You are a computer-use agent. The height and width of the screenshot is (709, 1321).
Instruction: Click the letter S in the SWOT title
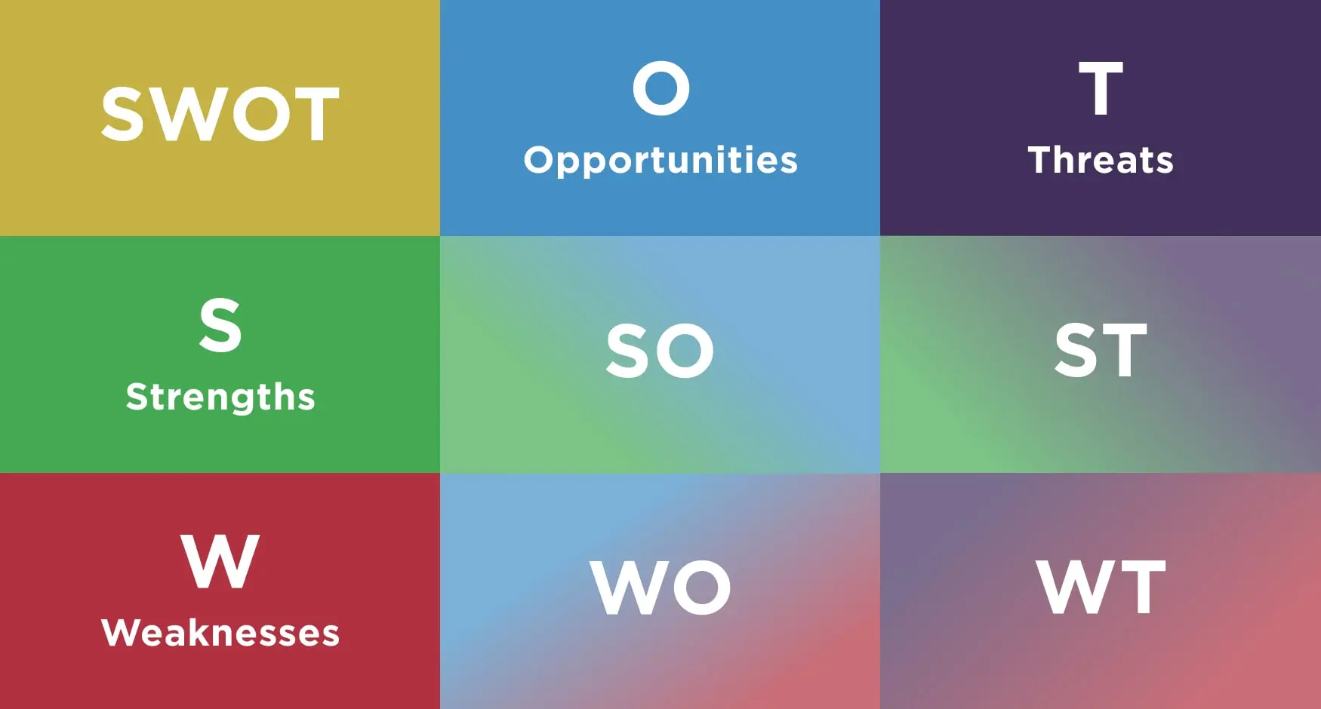tap(122, 114)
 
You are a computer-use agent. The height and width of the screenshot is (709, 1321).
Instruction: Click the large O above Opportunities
tap(661, 88)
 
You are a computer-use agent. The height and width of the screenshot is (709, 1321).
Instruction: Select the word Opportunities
tap(660, 161)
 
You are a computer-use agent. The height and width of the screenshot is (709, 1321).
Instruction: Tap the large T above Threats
tap(1101, 88)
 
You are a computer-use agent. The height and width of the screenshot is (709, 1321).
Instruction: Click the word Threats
tap(1101, 159)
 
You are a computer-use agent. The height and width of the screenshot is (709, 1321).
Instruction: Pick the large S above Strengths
tap(220, 324)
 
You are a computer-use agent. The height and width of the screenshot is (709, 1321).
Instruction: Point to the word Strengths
tap(220, 397)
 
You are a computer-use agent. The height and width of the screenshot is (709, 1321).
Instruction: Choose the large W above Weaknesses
tap(220, 561)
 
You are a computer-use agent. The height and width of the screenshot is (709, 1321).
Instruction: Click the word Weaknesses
tap(220, 632)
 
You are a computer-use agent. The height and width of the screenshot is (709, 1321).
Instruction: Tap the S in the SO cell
tap(628, 351)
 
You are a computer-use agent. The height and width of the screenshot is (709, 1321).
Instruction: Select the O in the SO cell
tap(685, 351)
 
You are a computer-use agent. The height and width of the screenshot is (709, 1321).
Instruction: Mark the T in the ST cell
tap(1125, 350)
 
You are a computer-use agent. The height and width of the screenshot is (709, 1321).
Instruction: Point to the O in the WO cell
tap(702, 587)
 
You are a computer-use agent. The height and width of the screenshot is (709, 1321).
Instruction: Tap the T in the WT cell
tap(1143, 587)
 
